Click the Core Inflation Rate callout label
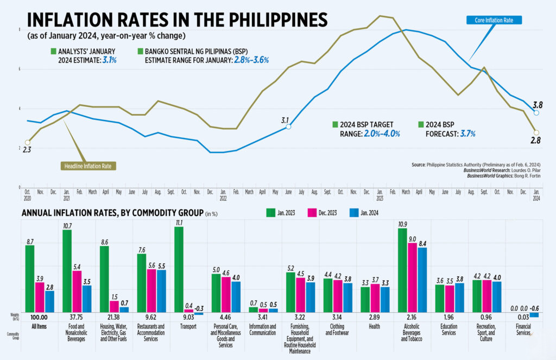(494, 21)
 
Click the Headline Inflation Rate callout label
(87, 166)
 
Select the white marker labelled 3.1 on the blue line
(288, 127)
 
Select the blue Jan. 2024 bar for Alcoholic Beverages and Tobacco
(421, 280)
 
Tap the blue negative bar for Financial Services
(534, 315)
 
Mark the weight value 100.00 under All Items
(40, 317)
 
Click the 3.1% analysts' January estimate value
(108, 60)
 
